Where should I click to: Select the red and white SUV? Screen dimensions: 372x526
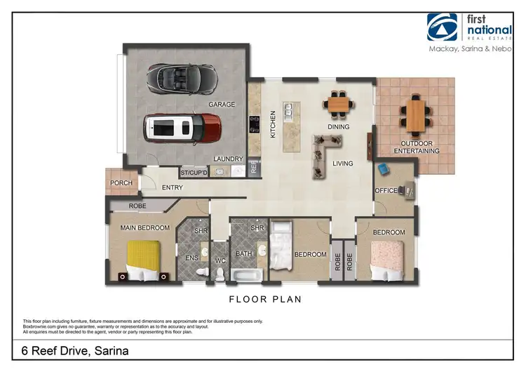(182, 129)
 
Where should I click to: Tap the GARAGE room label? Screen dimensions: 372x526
(222, 105)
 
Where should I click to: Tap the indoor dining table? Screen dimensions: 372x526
(339, 105)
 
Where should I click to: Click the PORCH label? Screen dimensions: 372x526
(121, 184)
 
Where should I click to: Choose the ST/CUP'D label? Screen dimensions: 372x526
(194, 172)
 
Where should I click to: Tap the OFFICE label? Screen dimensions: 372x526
(386, 190)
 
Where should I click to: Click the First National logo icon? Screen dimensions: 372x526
(443, 27)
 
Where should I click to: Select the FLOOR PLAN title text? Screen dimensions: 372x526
(265, 299)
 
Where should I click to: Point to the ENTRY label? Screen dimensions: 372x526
(173, 187)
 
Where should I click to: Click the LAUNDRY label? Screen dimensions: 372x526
(228, 159)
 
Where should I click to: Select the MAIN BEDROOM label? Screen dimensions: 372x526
(145, 228)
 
